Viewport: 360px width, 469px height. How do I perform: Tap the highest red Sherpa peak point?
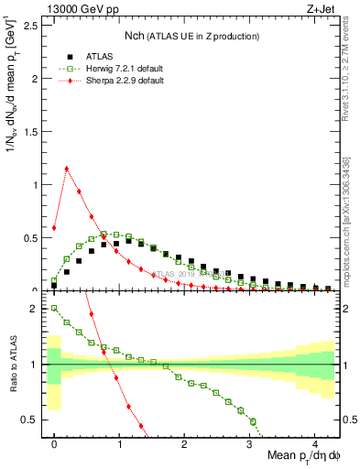(x=67, y=169)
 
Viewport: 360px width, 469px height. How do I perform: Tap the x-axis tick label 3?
(x=249, y=443)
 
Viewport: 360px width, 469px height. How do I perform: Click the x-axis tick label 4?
(x=314, y=443)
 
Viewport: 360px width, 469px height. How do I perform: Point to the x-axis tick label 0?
(x=54, y=443)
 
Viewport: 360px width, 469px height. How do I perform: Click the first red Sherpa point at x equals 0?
(x=54, y=228)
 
